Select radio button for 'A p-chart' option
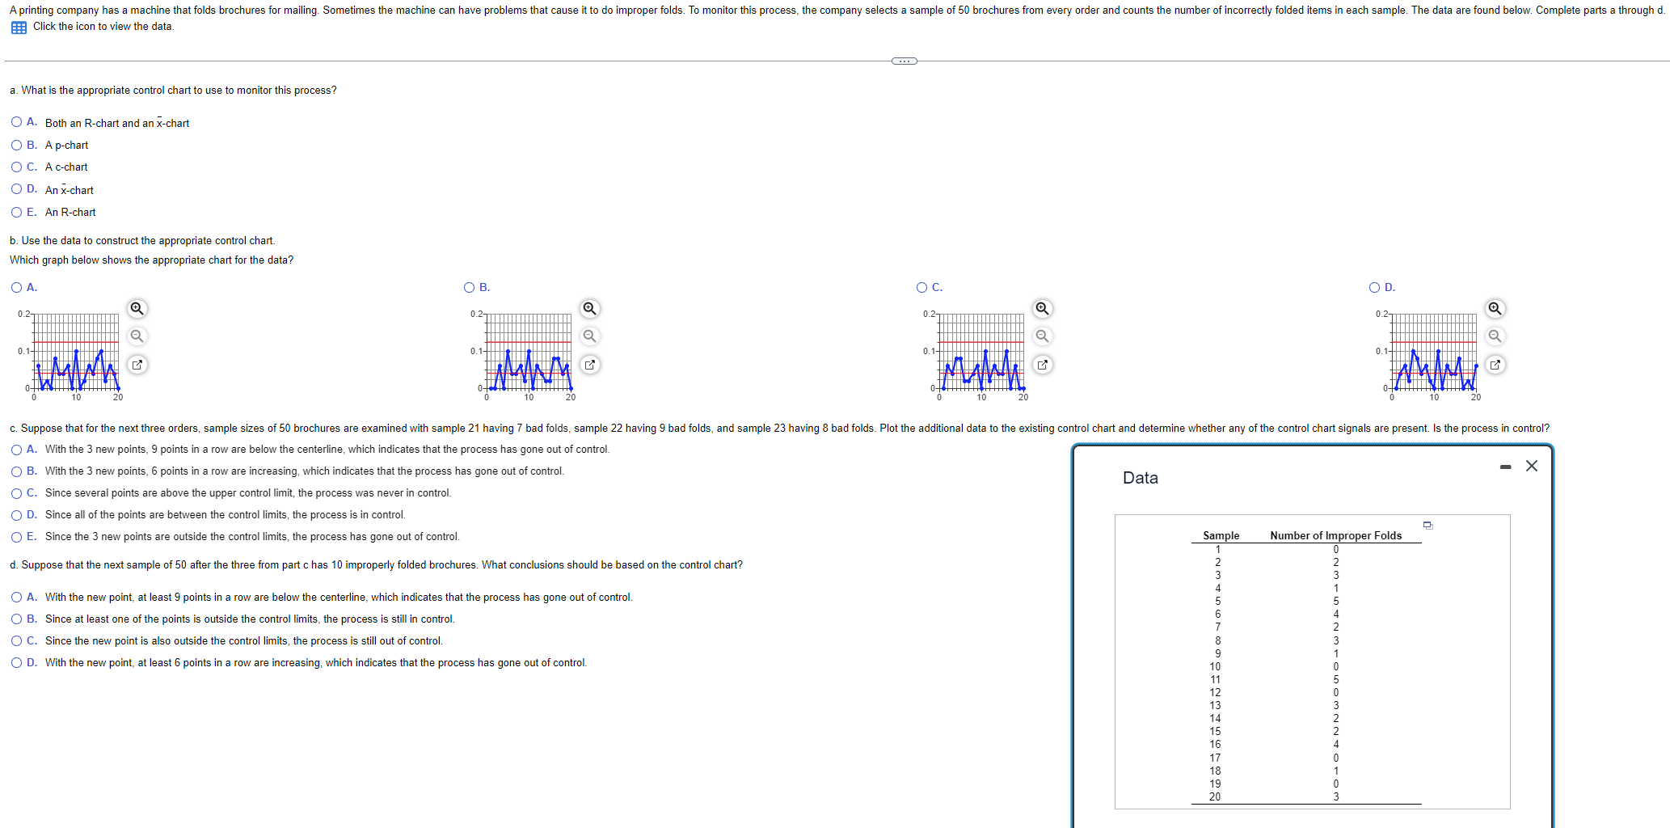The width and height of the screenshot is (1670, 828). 16,145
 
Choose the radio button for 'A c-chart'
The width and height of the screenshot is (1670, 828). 16,167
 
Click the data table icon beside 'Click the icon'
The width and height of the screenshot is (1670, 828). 19,27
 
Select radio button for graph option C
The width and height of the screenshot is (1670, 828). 921,287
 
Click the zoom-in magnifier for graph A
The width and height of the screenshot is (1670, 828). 137,308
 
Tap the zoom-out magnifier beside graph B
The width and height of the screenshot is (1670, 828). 590,336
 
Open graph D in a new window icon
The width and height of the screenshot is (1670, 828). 1495,365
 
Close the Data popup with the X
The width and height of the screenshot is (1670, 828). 1531,466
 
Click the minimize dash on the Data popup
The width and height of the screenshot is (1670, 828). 1505,467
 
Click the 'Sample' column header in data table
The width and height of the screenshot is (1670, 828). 1221,535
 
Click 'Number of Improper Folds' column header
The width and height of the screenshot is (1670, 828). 1335,535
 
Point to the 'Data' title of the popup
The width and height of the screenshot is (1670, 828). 1140,478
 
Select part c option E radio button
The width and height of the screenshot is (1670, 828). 16,537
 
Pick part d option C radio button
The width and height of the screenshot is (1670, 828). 16,640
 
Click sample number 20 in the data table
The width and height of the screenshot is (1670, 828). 1215,796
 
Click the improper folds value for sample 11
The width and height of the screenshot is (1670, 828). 1335,679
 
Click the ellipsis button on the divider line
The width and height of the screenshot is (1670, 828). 904,61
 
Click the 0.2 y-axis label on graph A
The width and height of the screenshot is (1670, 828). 23,314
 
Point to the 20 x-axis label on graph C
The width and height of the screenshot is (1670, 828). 1023,397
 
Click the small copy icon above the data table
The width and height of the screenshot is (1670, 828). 1428,525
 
